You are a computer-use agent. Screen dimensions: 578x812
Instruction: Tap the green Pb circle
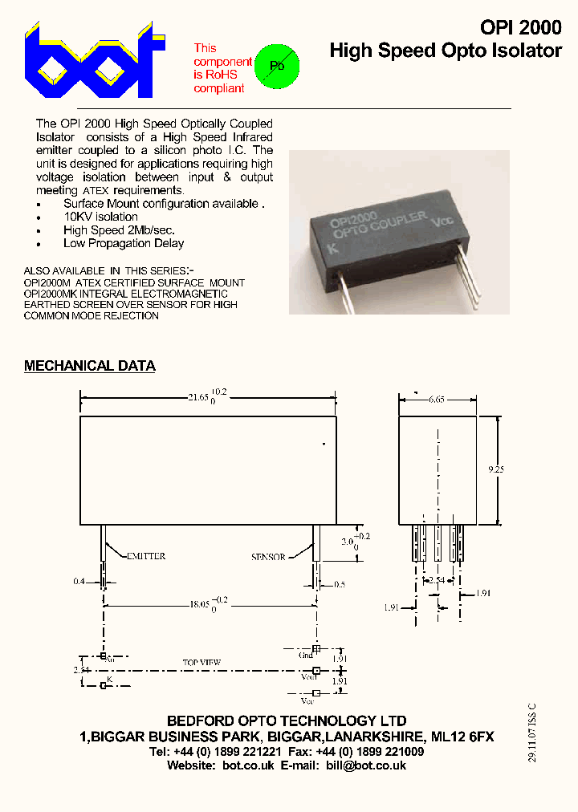[276, 66]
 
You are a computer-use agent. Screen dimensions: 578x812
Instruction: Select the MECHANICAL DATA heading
[89, 366]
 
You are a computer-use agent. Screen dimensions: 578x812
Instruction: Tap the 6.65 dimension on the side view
[438, 399]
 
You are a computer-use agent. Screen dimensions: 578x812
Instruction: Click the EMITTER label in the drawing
[144, 556]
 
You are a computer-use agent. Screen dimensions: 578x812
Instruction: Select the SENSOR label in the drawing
[268, 557]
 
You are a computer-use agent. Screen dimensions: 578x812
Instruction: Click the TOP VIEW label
[201, 663]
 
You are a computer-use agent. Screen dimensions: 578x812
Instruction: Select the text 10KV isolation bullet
[100, 217]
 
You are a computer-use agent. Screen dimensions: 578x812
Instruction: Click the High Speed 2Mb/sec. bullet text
[119, 230]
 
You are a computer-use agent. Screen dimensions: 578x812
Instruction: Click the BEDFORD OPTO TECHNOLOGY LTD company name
[287, 721]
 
